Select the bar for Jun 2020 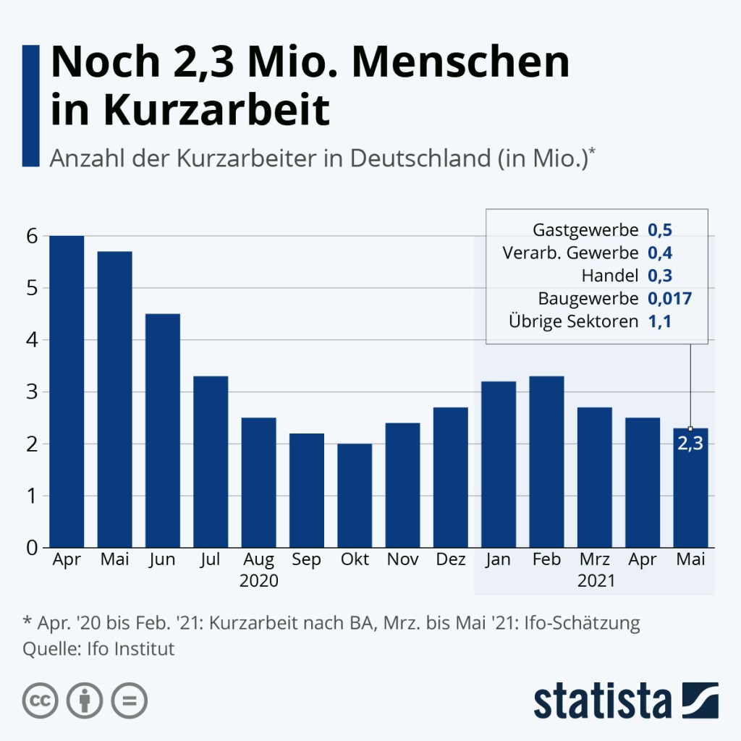pos(163,431)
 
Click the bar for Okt pos(355,496)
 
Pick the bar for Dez pos(451,478)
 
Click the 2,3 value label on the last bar pos(690,444)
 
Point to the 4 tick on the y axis pos(33,340)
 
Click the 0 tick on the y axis pos(33,549)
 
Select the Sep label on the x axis pos(307,560)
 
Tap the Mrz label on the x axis pos(595,560)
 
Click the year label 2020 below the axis pos(259,581)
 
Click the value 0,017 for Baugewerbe pos(670,298)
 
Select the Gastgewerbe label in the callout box pos(585,231)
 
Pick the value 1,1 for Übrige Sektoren pos(659,321)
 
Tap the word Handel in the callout pos(609,276)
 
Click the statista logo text pos(603,700)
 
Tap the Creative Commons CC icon pos(41,700)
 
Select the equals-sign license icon pos(130,700)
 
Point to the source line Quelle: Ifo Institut pos(99,648)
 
